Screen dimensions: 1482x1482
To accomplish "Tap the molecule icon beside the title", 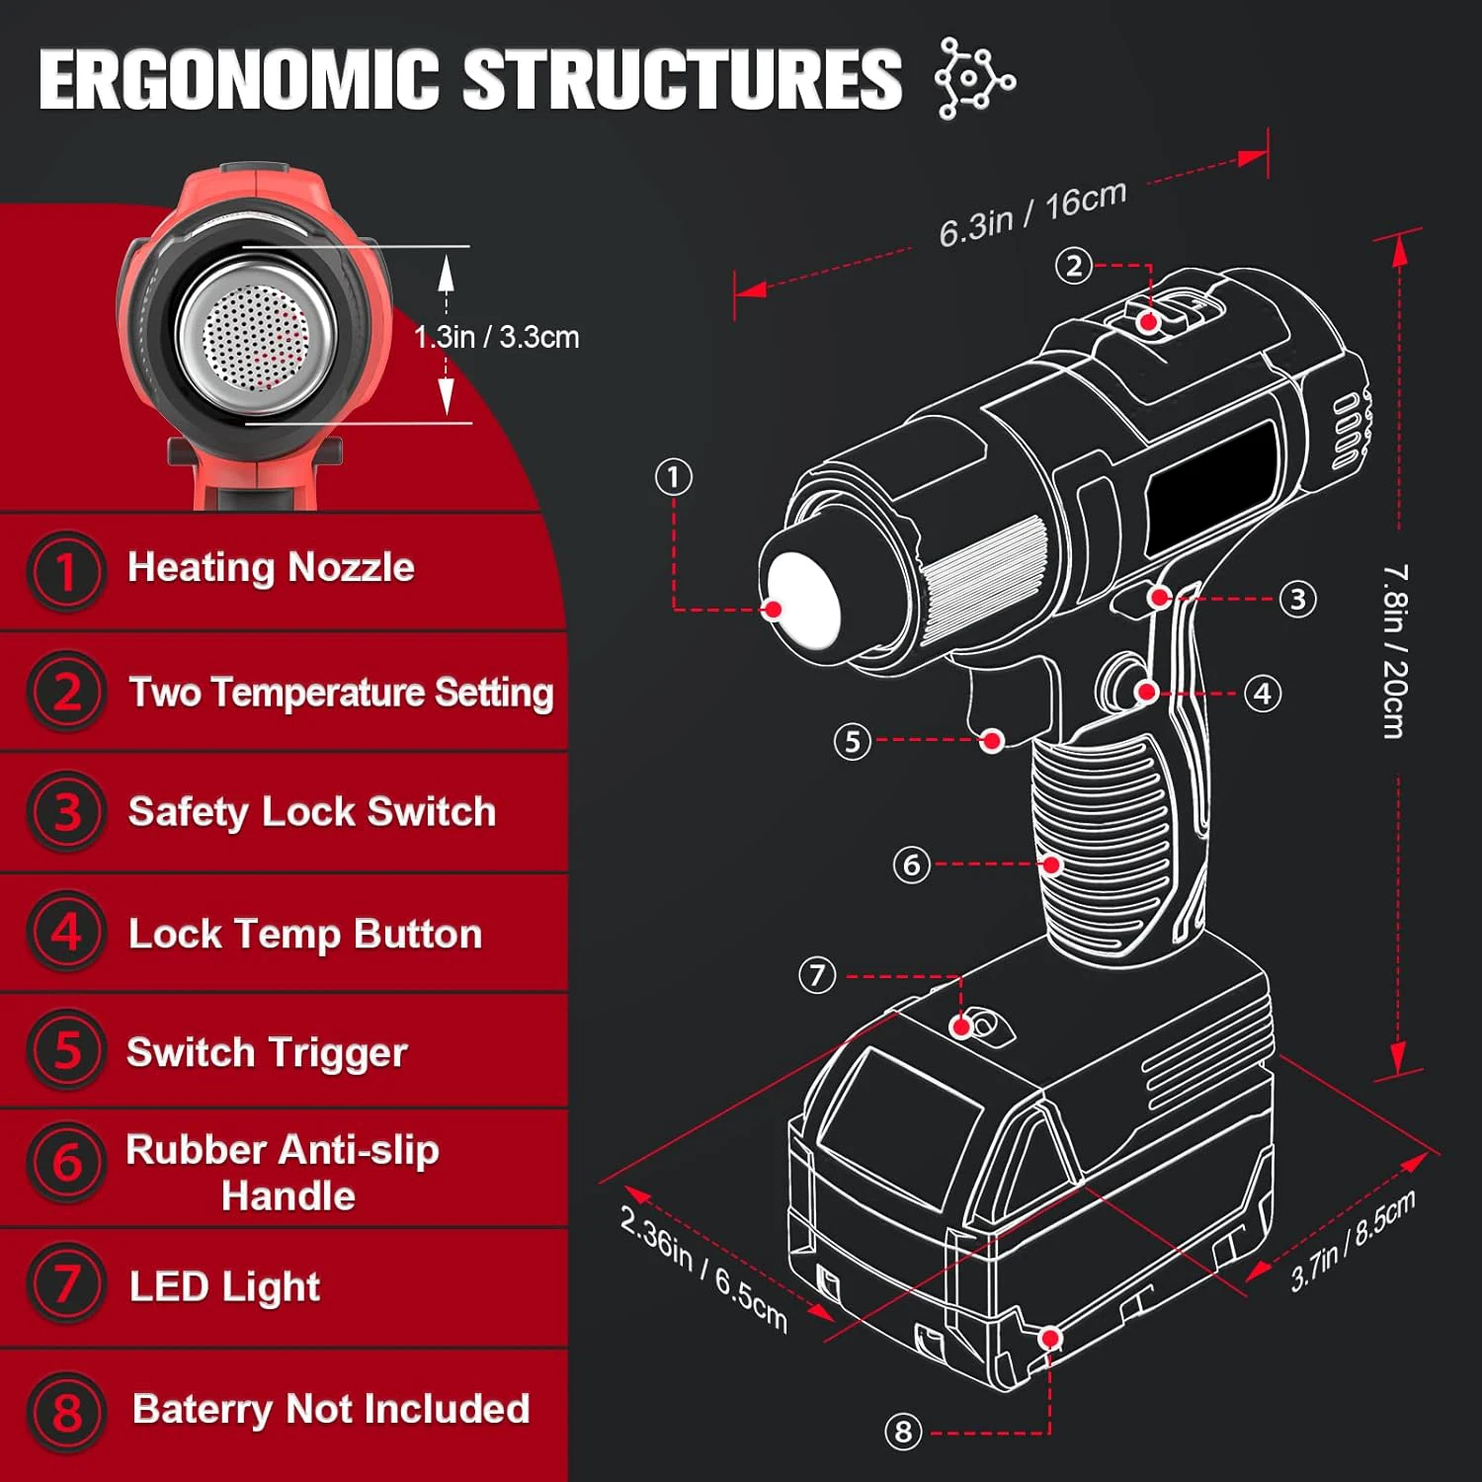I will (973, 79).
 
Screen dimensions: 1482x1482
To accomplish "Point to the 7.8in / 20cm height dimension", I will (1394, 651).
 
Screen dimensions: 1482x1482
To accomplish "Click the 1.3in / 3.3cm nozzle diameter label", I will (496, 337).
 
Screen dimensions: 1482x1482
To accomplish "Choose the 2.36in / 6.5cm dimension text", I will (703, 1269).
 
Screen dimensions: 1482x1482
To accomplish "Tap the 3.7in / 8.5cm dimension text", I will (1353, 1241).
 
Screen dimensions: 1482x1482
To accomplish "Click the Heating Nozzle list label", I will (271, 567).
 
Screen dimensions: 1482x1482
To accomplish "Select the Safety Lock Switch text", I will (311, 811).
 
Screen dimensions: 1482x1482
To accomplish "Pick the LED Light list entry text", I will (224, 1286).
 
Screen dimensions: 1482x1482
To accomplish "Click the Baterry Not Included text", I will (331, 1409).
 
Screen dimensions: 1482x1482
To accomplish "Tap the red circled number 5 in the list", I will (66, 1050).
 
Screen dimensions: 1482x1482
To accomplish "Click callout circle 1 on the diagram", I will (674, 477).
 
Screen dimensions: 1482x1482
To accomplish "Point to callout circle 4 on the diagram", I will (1262, 694).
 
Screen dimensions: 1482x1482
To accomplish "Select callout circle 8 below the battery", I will (902, 1432).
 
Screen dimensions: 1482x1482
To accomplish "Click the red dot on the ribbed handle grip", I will (1052, 864).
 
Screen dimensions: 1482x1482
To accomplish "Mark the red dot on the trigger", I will (992, 740).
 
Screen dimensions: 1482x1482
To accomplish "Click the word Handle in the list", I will (288, 1195).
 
